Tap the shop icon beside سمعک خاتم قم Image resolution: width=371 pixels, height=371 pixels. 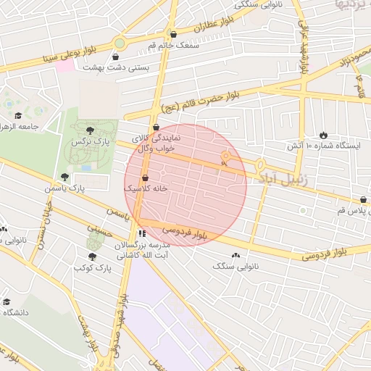tap(172, 34)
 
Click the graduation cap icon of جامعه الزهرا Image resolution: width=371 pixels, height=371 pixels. tap(18, 114)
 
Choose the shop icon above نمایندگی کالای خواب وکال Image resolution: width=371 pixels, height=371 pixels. tap(156, 128)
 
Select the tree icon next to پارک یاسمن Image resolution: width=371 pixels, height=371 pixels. tap(65, 176)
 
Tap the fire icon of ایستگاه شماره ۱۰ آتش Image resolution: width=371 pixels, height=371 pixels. tap(322, 135)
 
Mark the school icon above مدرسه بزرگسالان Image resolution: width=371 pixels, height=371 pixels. tap(142, 233)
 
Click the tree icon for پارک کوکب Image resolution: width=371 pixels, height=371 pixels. tap(91, 257)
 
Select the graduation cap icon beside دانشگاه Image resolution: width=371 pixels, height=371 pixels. tap(7, 301)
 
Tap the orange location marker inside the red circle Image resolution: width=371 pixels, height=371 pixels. tap(225, 157)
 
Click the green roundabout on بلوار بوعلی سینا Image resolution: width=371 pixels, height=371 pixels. tap(118, 43)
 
